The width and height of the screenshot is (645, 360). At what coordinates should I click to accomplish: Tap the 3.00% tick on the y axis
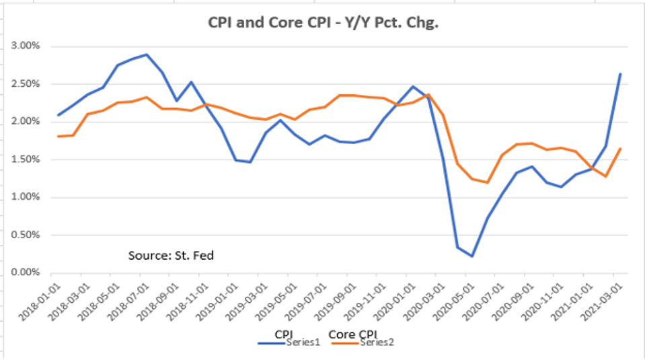tap(26, 46)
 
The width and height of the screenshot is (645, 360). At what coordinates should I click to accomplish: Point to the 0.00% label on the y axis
tap(26, 273)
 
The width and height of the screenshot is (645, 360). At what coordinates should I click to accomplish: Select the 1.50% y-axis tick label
tap(26, 159)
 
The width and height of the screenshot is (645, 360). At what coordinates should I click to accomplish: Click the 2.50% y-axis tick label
tap(26, 84)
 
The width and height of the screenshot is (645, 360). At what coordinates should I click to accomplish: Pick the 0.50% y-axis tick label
tap(26, 235)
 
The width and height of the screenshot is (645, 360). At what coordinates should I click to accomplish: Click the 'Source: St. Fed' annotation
tap(171, 256)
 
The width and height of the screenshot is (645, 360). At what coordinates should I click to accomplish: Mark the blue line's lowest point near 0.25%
tap(472, 256)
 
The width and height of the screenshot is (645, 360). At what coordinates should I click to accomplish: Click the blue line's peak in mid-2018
tap(147, 55)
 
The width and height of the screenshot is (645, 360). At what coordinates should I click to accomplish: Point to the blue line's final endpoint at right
tap(619, 74)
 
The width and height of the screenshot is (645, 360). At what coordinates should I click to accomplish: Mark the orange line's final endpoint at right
tap(619, 149)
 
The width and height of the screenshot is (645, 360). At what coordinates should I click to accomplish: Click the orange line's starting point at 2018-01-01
tap(59, 136)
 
